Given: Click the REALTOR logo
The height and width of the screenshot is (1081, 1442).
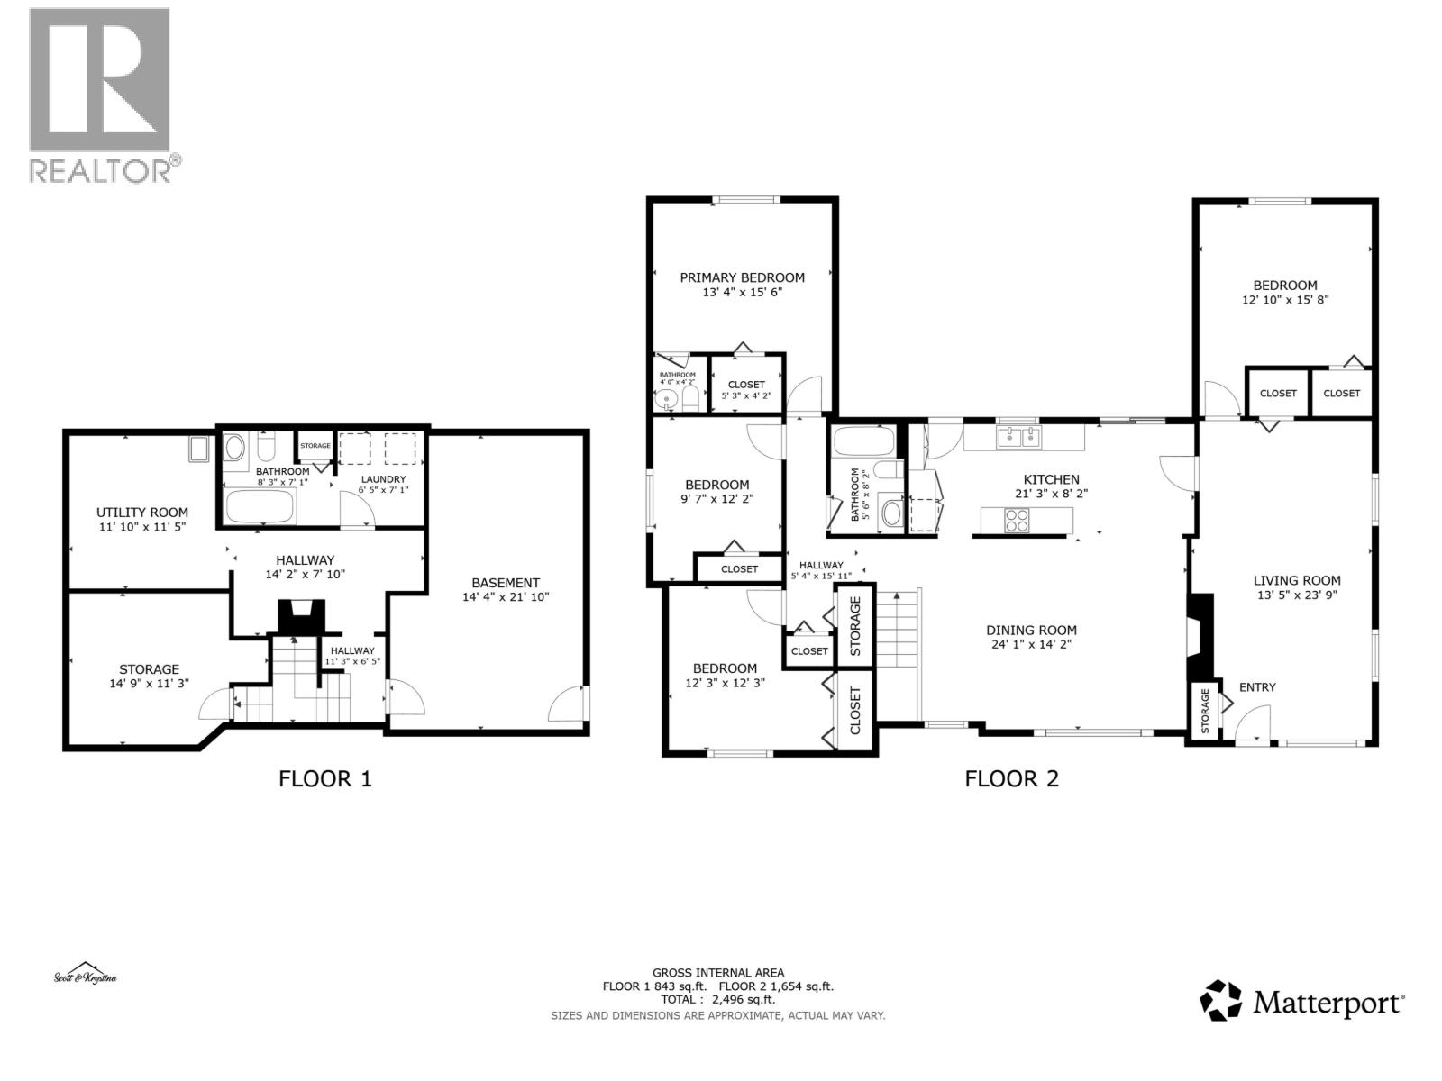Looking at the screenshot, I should (99, 95).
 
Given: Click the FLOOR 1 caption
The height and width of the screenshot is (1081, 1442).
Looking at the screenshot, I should (324, 778).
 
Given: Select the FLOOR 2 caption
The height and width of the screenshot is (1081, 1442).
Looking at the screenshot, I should (1011, 778).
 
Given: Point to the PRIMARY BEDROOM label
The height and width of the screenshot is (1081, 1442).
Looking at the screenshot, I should (742, 277).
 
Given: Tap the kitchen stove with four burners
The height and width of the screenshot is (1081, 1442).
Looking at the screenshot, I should (1018, 520).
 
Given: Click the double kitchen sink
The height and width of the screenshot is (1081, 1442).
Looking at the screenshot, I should (1018, 438).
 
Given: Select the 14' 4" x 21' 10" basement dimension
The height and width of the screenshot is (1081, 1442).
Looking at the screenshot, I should (506, 596).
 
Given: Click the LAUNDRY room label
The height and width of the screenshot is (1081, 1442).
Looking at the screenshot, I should (383, 479).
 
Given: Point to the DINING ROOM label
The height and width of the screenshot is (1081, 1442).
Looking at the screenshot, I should (1031, 630).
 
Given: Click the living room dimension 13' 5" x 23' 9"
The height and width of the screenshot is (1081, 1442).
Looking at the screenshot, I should (1297, 595).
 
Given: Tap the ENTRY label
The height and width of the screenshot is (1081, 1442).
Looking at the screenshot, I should (1256, 687).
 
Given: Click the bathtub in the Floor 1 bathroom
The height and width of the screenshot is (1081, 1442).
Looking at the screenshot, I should (260, 507).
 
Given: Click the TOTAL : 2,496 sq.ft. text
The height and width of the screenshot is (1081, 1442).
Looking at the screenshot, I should (718, 999).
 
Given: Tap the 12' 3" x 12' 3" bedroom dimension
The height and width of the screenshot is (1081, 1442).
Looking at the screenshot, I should (725, 683).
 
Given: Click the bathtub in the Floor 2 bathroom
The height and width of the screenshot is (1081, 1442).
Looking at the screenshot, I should (862, 442).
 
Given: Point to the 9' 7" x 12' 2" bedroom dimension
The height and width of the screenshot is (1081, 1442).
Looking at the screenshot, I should (716, 499).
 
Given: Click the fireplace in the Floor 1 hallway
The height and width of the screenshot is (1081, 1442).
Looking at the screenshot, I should (300, 617).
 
